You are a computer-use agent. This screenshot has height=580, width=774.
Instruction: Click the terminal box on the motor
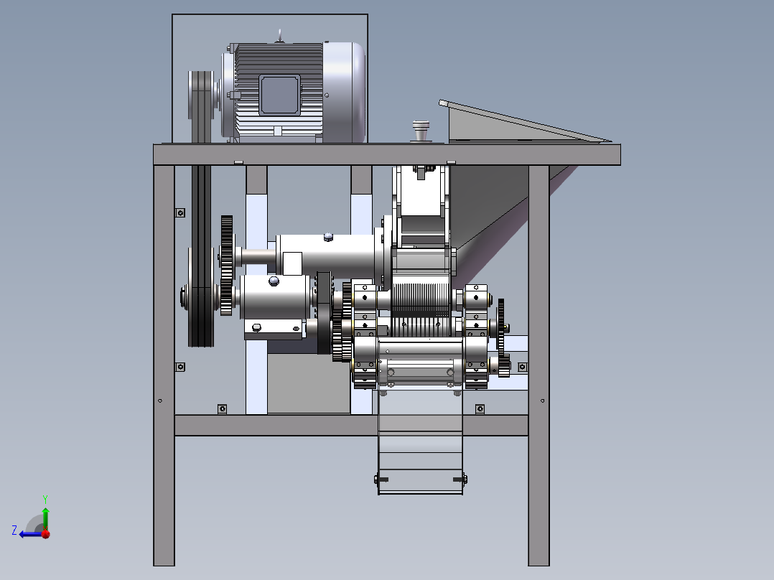pos(279,95)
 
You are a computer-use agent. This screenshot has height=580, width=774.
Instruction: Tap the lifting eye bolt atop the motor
pos(280,36)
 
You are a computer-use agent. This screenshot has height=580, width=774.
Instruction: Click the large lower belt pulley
pos(201,296)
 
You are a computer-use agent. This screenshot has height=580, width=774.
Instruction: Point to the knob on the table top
pos(421,131)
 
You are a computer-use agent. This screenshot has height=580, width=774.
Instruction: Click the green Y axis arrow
pos(45,513)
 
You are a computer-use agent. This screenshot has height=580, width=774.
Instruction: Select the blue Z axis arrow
pos(32,534)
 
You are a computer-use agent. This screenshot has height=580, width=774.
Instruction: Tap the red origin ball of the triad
pos(46,534)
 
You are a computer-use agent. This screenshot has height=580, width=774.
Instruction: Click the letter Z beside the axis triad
pos(14,530)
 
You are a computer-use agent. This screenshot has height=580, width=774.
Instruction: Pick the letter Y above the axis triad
pos(45,499)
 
